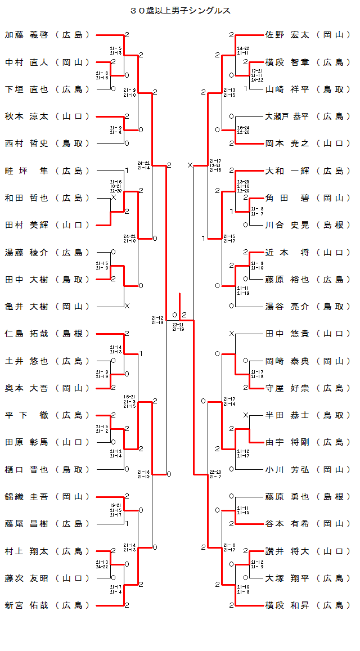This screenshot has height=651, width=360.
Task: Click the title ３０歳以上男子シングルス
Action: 180,11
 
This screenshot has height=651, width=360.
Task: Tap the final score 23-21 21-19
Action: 178,327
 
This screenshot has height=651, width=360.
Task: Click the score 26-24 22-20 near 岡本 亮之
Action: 244,130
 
